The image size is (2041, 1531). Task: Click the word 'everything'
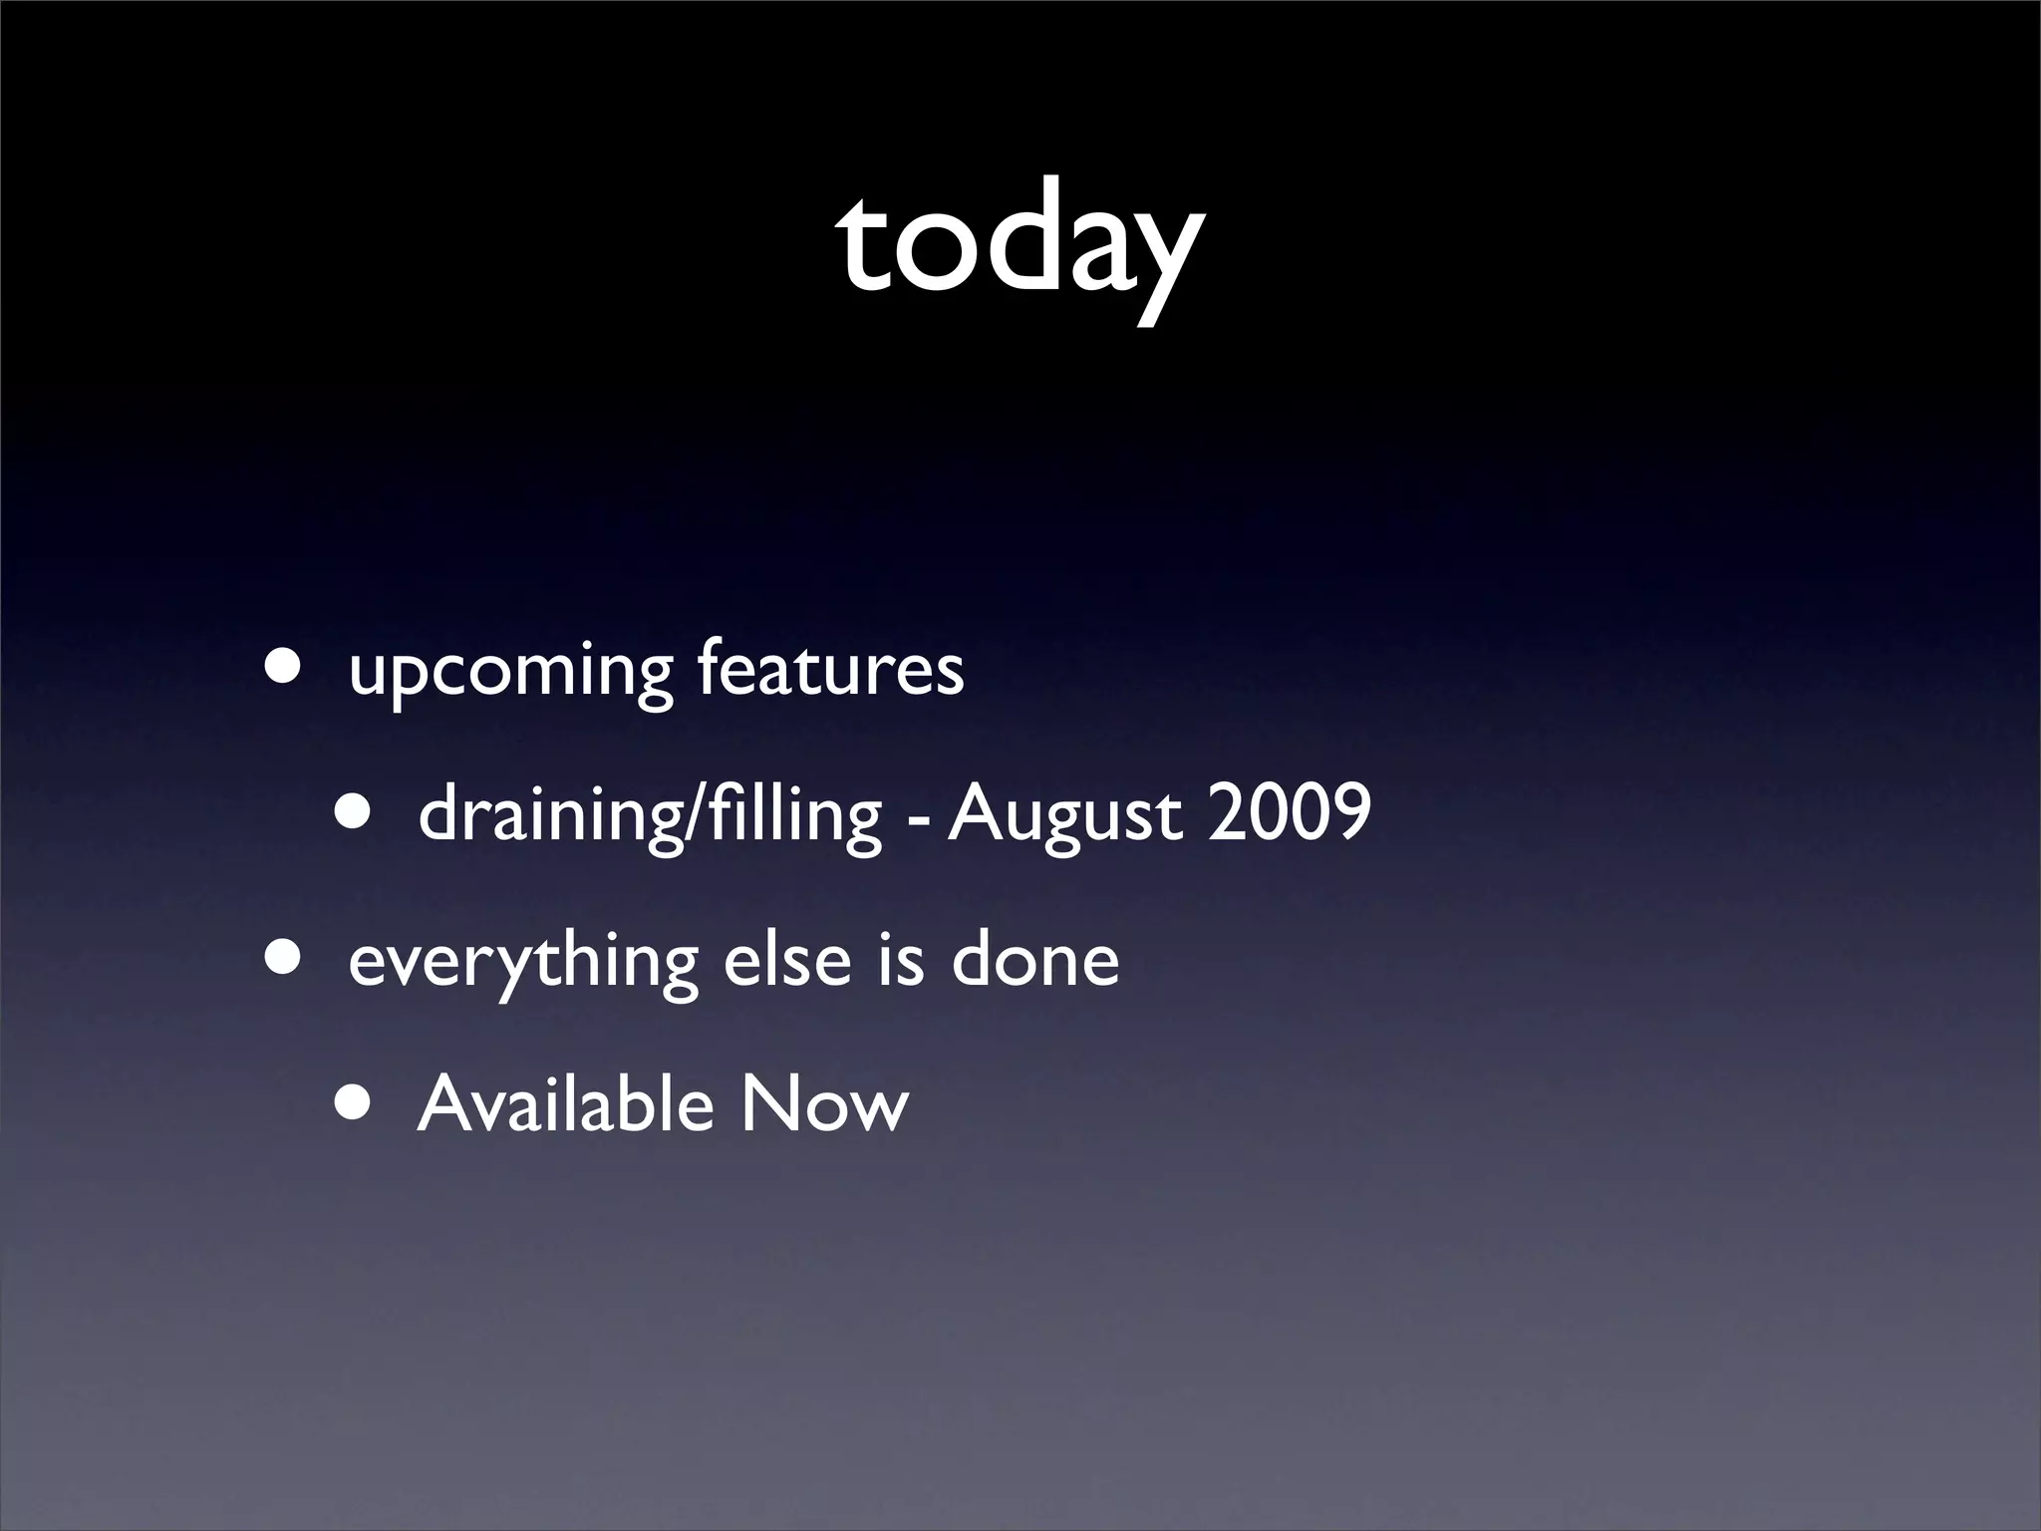tap(523, 964)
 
